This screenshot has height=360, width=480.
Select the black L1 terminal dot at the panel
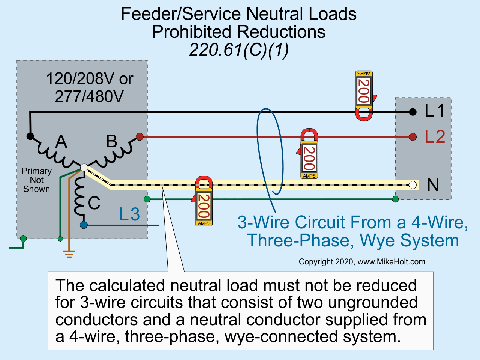click(412, 112)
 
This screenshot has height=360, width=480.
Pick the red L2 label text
click(435, 137)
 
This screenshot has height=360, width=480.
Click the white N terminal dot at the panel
click(413, 185)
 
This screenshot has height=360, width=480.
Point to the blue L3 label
click(129, 214)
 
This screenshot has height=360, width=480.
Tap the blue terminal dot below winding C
click(84, 225)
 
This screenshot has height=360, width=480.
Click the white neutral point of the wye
click(84, 168)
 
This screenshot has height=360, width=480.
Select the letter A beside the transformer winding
click(61, 142)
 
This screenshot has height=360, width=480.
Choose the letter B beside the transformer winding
click(111, 142)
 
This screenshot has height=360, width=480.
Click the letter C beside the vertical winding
click(94, 203)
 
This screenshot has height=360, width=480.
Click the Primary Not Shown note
click(36, 180)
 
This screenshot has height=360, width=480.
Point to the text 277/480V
click(89, 96)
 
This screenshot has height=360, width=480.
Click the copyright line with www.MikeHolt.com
click(361, 262)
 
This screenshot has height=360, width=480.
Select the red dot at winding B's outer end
click(139, 137)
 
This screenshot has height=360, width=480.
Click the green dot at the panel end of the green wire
click(395, 199)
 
